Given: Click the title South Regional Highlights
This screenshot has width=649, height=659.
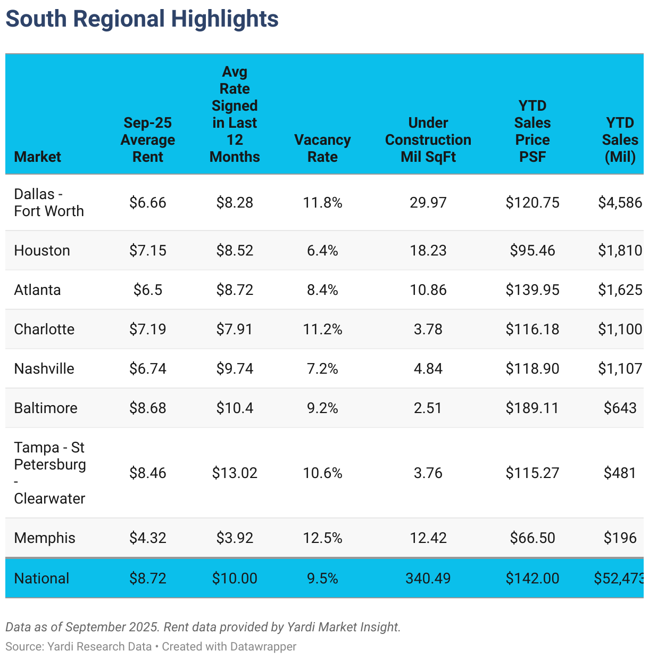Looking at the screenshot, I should pyautogui.click(x=142, y=19).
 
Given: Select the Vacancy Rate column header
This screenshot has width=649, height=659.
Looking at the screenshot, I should pyautogui.click(x=322, y=148).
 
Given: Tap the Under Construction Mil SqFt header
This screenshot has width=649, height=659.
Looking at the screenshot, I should pyautogui.click(x=428, y=139).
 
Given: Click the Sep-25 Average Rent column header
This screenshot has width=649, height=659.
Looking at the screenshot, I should pyautogui.click(x=147, y=139).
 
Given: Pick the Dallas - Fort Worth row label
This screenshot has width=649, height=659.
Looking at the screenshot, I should pyautogui.click(x=48, y=202).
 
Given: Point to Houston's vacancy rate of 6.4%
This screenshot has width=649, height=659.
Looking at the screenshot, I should pyautogui.click(x=322, y=250).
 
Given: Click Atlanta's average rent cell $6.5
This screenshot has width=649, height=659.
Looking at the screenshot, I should pyautogui.click(x=147, y=290).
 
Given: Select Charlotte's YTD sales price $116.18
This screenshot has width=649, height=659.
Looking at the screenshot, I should pyautogui.click(x=532, y=329).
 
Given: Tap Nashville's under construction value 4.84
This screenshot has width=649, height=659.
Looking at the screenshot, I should pyautogui.click(x=428, y=368).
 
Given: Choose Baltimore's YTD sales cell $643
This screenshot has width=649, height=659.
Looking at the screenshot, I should pyautogui.click(x=620, y=408).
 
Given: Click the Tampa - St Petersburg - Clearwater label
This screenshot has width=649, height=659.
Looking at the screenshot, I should pyautogui.click(x=49, y=473).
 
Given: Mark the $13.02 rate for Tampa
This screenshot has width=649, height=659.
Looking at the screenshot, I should pyautogui.click(x=235, y=473).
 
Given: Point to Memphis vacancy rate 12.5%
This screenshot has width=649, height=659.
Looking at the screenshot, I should pyautogui.click(x=322, y=538).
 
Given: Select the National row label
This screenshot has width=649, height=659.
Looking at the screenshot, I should pyautogui.click(x=41, y=578).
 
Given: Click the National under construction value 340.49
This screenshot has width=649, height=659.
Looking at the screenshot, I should pyautogui.click(x=428, y=578).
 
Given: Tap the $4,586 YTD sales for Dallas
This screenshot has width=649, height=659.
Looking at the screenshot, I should pyautogui.click(x=620, y=202).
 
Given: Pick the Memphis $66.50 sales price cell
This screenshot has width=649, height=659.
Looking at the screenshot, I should pyautogui.click(x=532, y=538).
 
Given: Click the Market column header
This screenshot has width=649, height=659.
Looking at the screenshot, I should pyautogui.click(x=37, y=156).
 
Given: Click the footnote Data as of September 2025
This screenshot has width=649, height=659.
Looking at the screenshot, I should pyautogui.click(x=82, y=627).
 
